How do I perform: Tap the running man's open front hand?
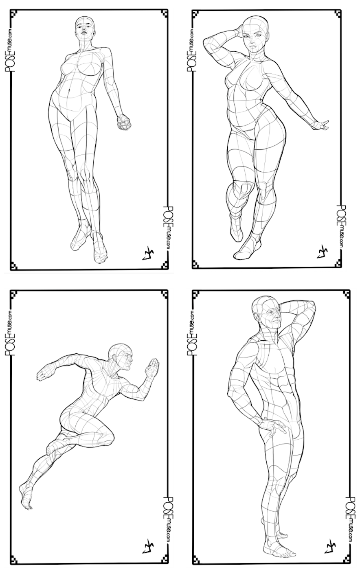152,367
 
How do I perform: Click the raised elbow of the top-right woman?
208,41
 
